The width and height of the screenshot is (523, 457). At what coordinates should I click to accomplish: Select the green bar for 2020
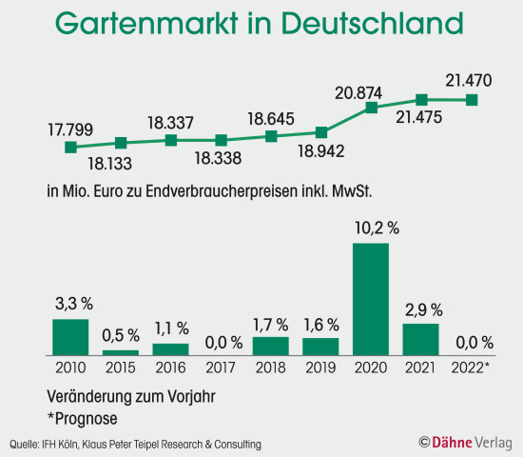tap(371, 299)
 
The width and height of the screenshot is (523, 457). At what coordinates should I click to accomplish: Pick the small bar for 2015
tap(121, 352)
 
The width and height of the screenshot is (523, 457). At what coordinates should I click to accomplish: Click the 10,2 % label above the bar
tap(371, 229)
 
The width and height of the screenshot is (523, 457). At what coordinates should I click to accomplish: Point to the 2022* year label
tap(471, 368)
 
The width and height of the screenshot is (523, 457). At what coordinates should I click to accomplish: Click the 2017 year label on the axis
tap(221, 368)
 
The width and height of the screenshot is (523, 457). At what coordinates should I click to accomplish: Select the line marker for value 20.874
tap(371, 109)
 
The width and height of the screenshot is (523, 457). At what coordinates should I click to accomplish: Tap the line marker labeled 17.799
tap(70, 148)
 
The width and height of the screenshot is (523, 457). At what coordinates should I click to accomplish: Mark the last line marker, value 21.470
tap(471, 100)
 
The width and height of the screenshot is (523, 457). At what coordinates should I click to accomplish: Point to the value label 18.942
tap(320, 150)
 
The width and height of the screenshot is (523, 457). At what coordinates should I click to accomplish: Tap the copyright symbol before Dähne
tap(423, 442)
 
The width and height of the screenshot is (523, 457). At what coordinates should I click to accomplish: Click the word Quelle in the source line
tap(24, 444)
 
